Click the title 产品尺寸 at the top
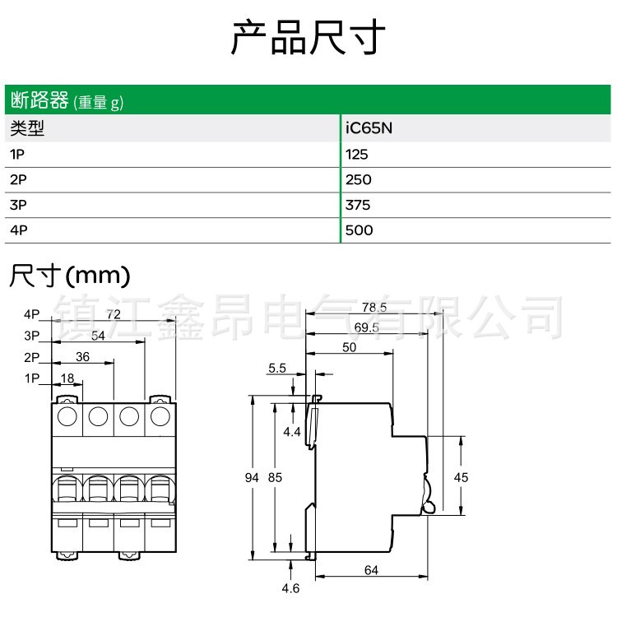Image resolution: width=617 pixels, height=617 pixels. tap(308, 38)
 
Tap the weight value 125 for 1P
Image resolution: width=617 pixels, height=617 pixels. tap(358, 154)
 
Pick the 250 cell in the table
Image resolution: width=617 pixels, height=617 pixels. tap(359, 179)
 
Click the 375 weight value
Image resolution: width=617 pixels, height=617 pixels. tap(359, 205)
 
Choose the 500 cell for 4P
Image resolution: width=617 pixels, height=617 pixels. tap(360, 230)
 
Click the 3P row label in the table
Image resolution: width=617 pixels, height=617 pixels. tap(18, 205)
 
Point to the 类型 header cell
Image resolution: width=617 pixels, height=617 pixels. tap(26, 128)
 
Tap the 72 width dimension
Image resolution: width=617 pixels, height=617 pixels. tap(114, 315)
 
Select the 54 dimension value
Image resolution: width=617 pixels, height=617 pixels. tap(98, 336)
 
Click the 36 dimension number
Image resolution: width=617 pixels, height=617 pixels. tap(82, 357)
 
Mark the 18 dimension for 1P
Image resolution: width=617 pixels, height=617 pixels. tap(67, 378)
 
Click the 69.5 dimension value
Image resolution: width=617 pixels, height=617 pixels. tap(366, 327)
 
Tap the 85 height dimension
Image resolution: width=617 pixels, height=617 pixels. tap(276, 477)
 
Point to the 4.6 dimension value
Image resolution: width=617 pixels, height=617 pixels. tap(290, 588)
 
